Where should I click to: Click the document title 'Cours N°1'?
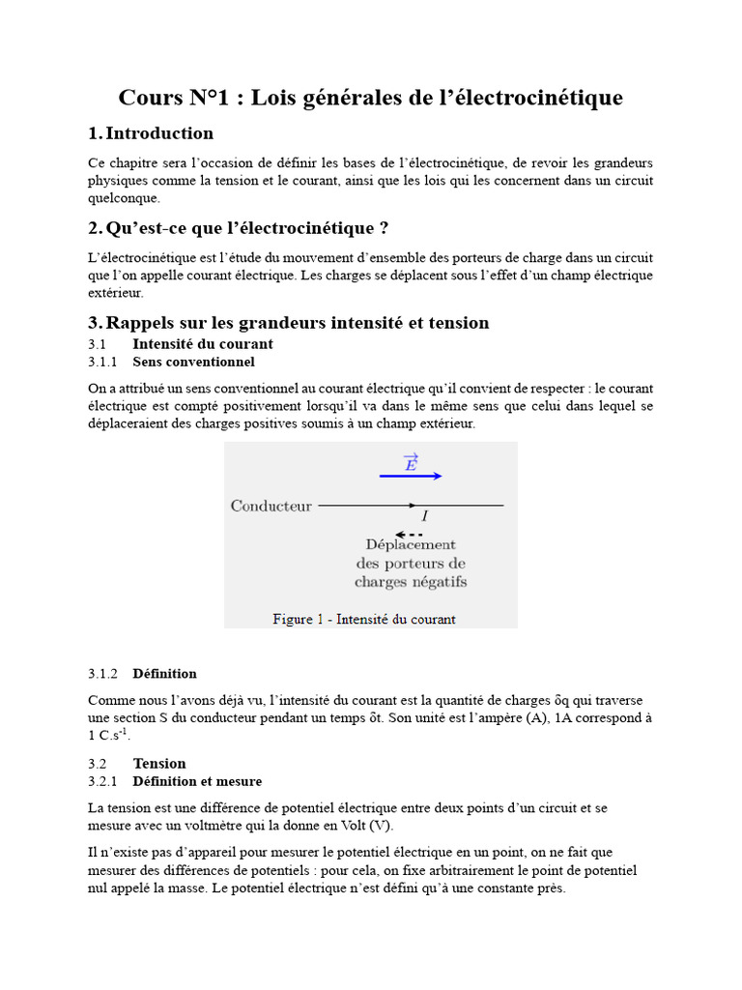370,98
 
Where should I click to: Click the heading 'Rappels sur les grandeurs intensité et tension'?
297,323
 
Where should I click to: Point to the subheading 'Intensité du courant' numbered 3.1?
202,344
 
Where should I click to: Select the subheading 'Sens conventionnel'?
193,362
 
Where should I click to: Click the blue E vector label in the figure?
411,463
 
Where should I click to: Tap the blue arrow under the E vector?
411,476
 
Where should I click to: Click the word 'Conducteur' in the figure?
271,506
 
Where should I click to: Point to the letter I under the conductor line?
424,517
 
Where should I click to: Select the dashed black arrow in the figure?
410,534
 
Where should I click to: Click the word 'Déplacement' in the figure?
411,545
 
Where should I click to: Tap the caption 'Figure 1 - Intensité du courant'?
364,619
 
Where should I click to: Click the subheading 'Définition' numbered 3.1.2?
164,673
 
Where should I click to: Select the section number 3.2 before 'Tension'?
100,764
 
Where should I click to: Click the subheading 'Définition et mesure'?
197,781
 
